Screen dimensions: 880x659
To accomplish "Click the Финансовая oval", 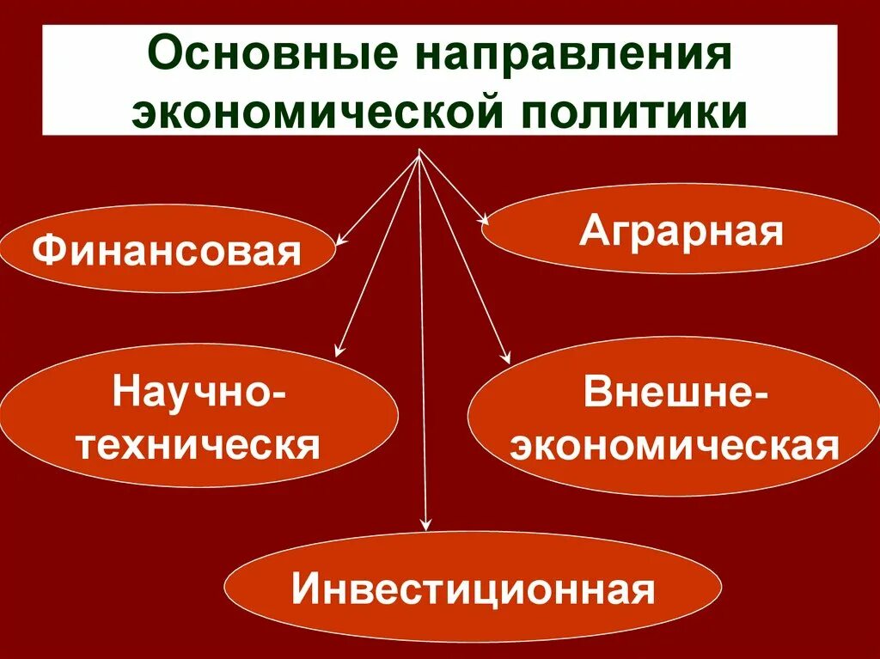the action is (168, 248).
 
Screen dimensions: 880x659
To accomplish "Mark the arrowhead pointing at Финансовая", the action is (340, 241).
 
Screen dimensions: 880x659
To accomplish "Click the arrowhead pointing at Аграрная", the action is (485, 221).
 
